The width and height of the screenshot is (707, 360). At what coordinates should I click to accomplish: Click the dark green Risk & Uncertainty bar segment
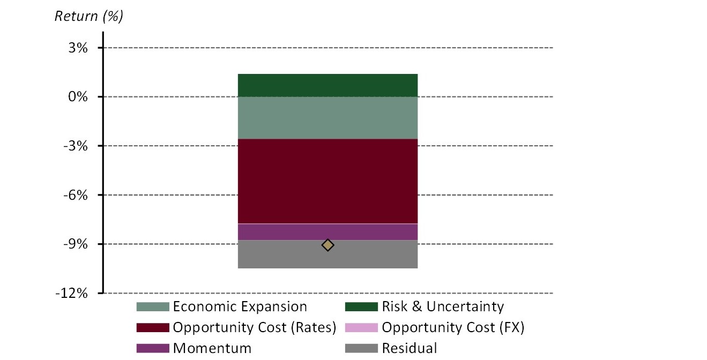[328, 85]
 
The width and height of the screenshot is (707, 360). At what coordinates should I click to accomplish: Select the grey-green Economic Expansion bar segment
[328, 118]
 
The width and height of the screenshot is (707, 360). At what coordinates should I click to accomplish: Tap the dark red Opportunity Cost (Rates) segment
[328, 181]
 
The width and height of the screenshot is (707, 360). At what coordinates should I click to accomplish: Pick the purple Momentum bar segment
[328, 232]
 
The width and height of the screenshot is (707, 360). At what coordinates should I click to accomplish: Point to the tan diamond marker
[328, 245]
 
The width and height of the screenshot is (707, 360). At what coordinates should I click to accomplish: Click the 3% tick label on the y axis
[77, 48]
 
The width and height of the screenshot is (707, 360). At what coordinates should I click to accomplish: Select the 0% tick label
[77, 97]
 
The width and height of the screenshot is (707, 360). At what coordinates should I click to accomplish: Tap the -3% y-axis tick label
[76, 146]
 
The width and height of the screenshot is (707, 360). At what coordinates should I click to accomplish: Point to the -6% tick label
[76, 195]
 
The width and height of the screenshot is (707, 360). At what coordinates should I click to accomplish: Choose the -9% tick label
[76, 244]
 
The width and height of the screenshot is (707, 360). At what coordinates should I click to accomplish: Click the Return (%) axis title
[89, 16]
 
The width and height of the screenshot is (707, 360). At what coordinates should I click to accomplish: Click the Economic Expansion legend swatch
[153, 307]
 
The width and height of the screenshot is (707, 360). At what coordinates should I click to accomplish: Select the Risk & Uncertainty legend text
[443, 307]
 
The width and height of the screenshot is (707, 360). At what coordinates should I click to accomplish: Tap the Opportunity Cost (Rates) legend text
[254, 327]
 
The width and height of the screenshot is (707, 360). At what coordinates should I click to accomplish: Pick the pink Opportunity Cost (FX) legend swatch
[362, 327]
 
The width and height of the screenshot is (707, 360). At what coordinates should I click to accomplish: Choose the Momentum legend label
[212, 348]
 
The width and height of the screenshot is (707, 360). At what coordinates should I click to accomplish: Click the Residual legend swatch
[362, 348]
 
